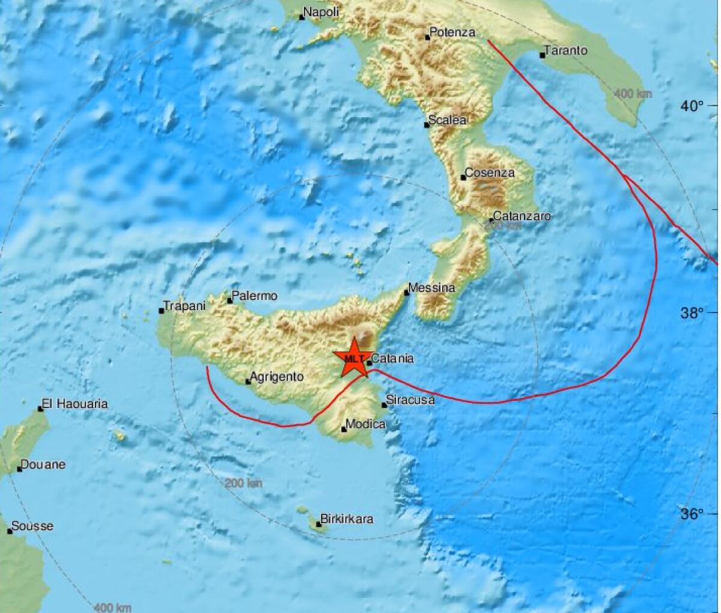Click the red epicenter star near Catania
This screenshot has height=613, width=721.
click(x=354, y=359)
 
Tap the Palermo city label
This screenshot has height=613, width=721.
click(x=254, y=296)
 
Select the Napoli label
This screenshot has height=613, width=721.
click(x=321, y=12)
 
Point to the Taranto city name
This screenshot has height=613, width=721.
click(x=566, y=50)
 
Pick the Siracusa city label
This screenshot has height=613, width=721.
click(x=410, y=400)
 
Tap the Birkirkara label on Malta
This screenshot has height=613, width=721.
click(x=347, y=519)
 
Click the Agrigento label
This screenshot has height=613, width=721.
click(x=276, y=377)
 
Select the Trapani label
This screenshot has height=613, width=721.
click(x=185, y=306)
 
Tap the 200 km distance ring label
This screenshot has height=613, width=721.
click(x=243, y=483)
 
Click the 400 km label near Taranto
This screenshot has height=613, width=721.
click(x=633, y=94)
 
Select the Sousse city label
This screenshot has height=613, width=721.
click(x=32, y=526)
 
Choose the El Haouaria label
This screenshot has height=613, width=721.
click(x=74, y=404)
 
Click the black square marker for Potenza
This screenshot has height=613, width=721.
click(x=428, y=37)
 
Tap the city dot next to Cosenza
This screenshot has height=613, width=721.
click(x=463, y=177)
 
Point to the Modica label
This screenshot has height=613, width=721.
click(x=367, y=424)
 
